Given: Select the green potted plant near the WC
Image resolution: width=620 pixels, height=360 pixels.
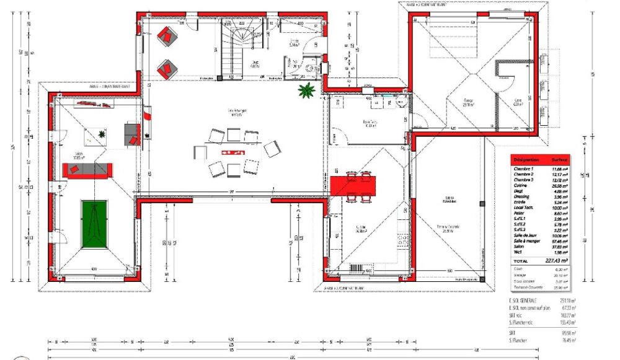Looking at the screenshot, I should (306, 92).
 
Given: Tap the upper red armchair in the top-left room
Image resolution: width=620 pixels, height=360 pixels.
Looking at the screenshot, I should (166, 36).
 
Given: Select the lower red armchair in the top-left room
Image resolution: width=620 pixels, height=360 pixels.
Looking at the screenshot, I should (166, 68).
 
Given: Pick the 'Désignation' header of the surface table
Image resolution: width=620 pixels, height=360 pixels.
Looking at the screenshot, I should (526, 159).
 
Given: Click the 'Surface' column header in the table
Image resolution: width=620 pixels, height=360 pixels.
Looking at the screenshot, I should (559, 159).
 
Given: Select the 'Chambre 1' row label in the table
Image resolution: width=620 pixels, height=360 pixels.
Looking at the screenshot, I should (525, 169).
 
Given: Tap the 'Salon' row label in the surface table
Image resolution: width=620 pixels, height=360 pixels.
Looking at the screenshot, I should (518, 246).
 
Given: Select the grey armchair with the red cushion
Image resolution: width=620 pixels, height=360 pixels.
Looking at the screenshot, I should (133, 133).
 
